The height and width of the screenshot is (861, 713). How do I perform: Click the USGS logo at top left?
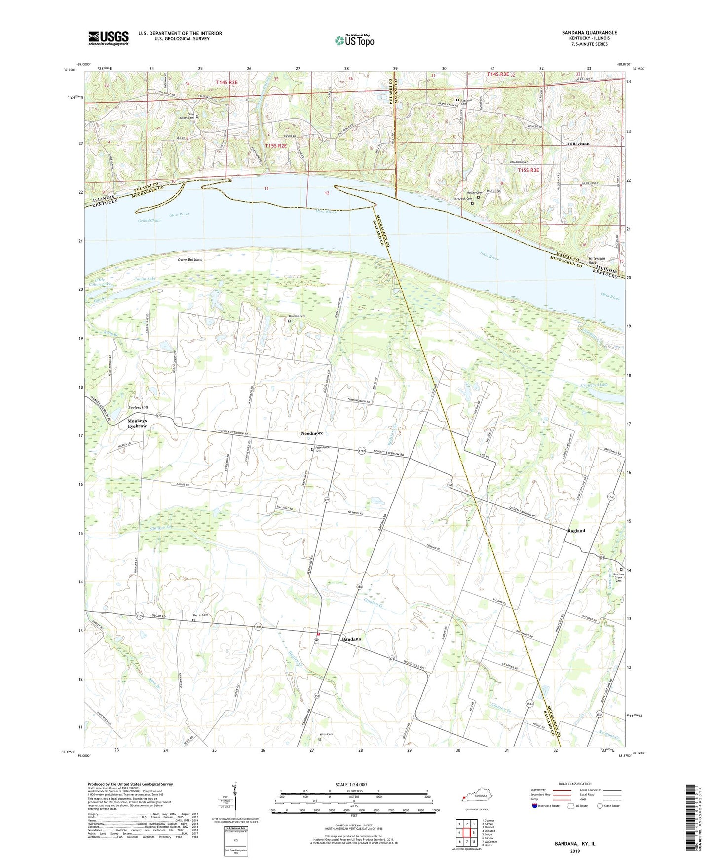click(x=109, y=37)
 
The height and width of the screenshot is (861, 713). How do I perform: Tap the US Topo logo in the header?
click(x=354, y=40)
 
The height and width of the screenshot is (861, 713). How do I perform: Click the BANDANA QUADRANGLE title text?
click(x=589, y=33)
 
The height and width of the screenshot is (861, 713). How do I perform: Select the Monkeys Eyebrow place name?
click(x=137, y=423)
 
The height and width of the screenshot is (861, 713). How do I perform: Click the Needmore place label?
click(x=312, y=433)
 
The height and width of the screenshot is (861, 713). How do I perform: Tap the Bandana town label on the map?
click(x=351, y=639)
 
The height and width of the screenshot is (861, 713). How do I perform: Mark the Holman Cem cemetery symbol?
click(x=289, y=321)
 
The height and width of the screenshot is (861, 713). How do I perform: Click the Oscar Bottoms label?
click(x=189, y=259)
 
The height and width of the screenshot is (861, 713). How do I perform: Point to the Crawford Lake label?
click(x=595, y=384)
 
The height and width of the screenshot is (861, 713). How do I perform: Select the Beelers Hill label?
click(x=138, y=407)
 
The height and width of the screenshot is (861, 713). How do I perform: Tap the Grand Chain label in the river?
click(x=149, y=220)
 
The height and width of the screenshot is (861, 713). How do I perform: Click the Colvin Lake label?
click(x=145, y=279)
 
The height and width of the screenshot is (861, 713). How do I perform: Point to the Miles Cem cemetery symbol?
click(x=319, y=739)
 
